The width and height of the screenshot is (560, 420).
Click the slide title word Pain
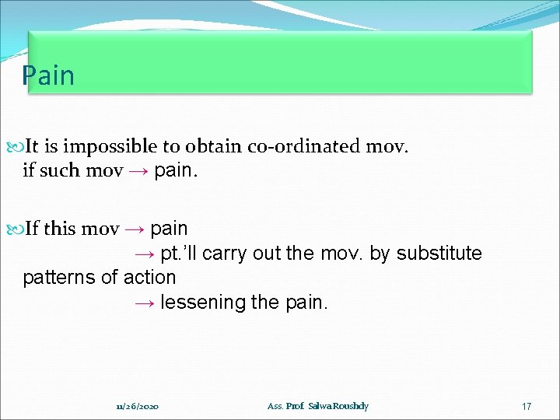point(48,76)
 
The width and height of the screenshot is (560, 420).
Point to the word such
point(59,170)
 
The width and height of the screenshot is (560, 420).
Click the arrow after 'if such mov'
point(138,170)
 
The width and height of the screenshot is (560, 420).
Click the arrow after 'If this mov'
point(135,229)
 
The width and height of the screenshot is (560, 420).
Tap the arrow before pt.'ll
point(142,254)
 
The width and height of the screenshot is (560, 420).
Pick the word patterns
point(55,278)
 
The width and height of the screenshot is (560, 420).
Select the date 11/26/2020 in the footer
point(137,407)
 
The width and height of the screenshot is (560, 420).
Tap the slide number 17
point(527,407)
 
